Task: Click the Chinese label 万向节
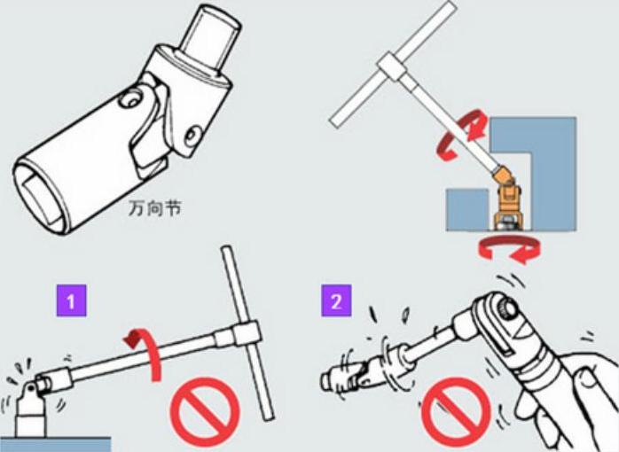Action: (154, 208)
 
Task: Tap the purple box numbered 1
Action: (71, 300)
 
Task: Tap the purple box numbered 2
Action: (336, 300)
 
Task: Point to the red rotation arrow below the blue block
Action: (509, 249)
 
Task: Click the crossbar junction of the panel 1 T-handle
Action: (247, 335)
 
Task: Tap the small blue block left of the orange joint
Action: (468, 209)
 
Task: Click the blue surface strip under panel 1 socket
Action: (55, 445)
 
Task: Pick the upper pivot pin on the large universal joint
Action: (131, 98)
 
